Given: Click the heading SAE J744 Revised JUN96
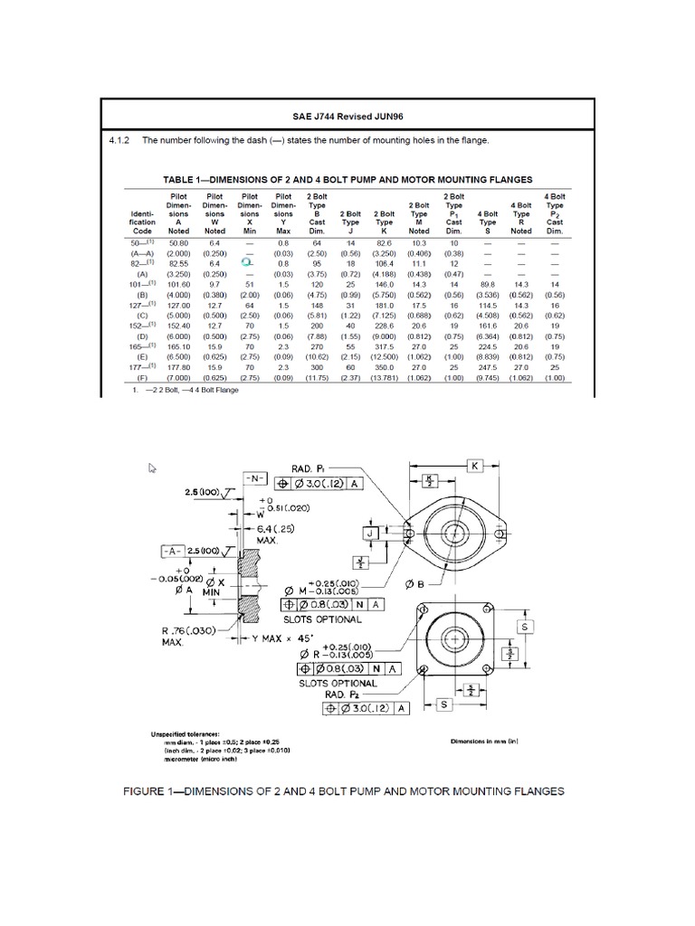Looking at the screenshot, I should point(347,117).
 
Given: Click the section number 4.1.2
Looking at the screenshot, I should point(119,141).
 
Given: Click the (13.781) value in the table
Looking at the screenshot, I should point(385,380).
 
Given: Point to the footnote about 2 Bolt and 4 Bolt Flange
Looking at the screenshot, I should point(180,391).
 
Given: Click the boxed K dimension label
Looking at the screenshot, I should point(472,465).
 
